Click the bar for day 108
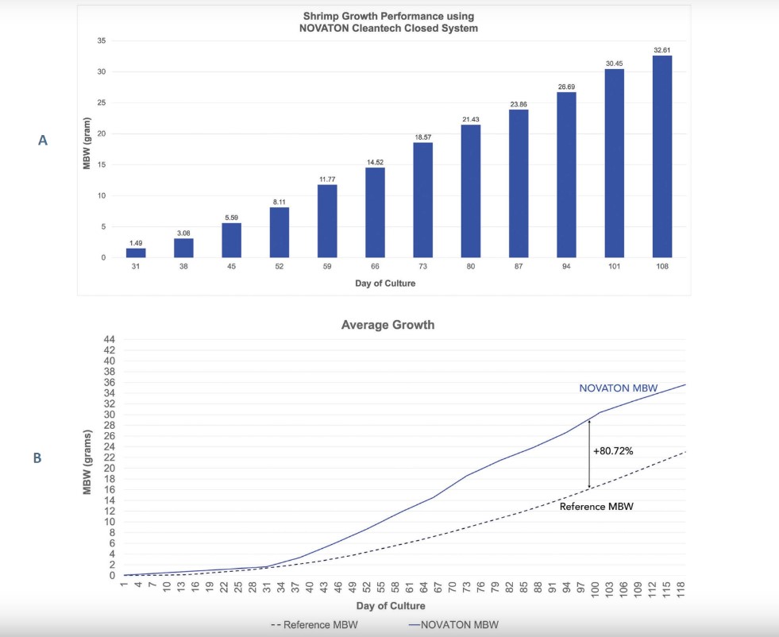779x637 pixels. click(662, 156)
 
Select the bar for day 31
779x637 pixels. click(136, 253)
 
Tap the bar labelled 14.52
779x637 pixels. click(375, 212)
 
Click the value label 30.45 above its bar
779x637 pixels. click(614, 62)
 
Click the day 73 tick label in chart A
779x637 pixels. click(422, 267)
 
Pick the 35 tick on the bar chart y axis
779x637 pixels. click(102, 41)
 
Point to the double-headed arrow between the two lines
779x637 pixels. click(589, 454)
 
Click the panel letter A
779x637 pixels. click(43, 140)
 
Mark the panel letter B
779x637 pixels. click(37, 457)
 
